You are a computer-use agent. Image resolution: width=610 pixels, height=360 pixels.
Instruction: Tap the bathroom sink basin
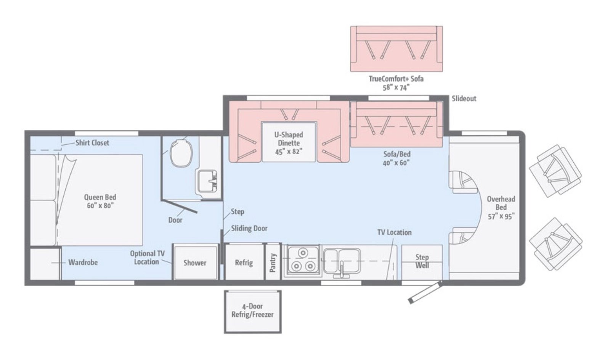(x=207, y=181)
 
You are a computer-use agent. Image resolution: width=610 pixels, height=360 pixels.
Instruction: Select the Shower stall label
(x=195, y=262)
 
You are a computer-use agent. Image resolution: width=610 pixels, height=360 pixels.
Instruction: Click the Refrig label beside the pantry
(x=244, y=262)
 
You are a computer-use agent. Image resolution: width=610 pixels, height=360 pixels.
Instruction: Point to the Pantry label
(x=273, y=262)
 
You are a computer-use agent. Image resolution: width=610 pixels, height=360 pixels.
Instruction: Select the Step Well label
(x=422, y=261)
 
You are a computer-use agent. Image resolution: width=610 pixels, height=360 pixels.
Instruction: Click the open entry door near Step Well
(x=425, y=293)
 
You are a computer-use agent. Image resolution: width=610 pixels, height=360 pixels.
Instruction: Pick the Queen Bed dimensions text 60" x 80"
(x=100, y=206)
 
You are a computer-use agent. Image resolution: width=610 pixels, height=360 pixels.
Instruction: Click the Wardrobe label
(x=83, y=262)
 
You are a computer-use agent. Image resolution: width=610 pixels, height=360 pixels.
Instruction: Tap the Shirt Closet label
(x=92, y=143)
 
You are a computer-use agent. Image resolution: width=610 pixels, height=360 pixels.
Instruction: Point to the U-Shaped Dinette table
(x=289, y=142)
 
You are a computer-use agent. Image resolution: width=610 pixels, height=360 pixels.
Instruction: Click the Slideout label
(x=464, y=99)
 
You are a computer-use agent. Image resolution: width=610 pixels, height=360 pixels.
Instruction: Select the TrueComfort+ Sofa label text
(x=396, y=79)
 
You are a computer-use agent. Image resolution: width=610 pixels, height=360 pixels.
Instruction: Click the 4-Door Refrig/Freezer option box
(x=252, y=312)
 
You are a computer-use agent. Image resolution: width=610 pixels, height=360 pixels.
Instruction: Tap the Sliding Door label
(x=249, y=228)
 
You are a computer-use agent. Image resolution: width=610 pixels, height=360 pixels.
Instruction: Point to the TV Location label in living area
(x=394, y=232)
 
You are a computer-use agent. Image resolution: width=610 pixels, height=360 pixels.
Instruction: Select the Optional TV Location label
(x=147, y=258)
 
